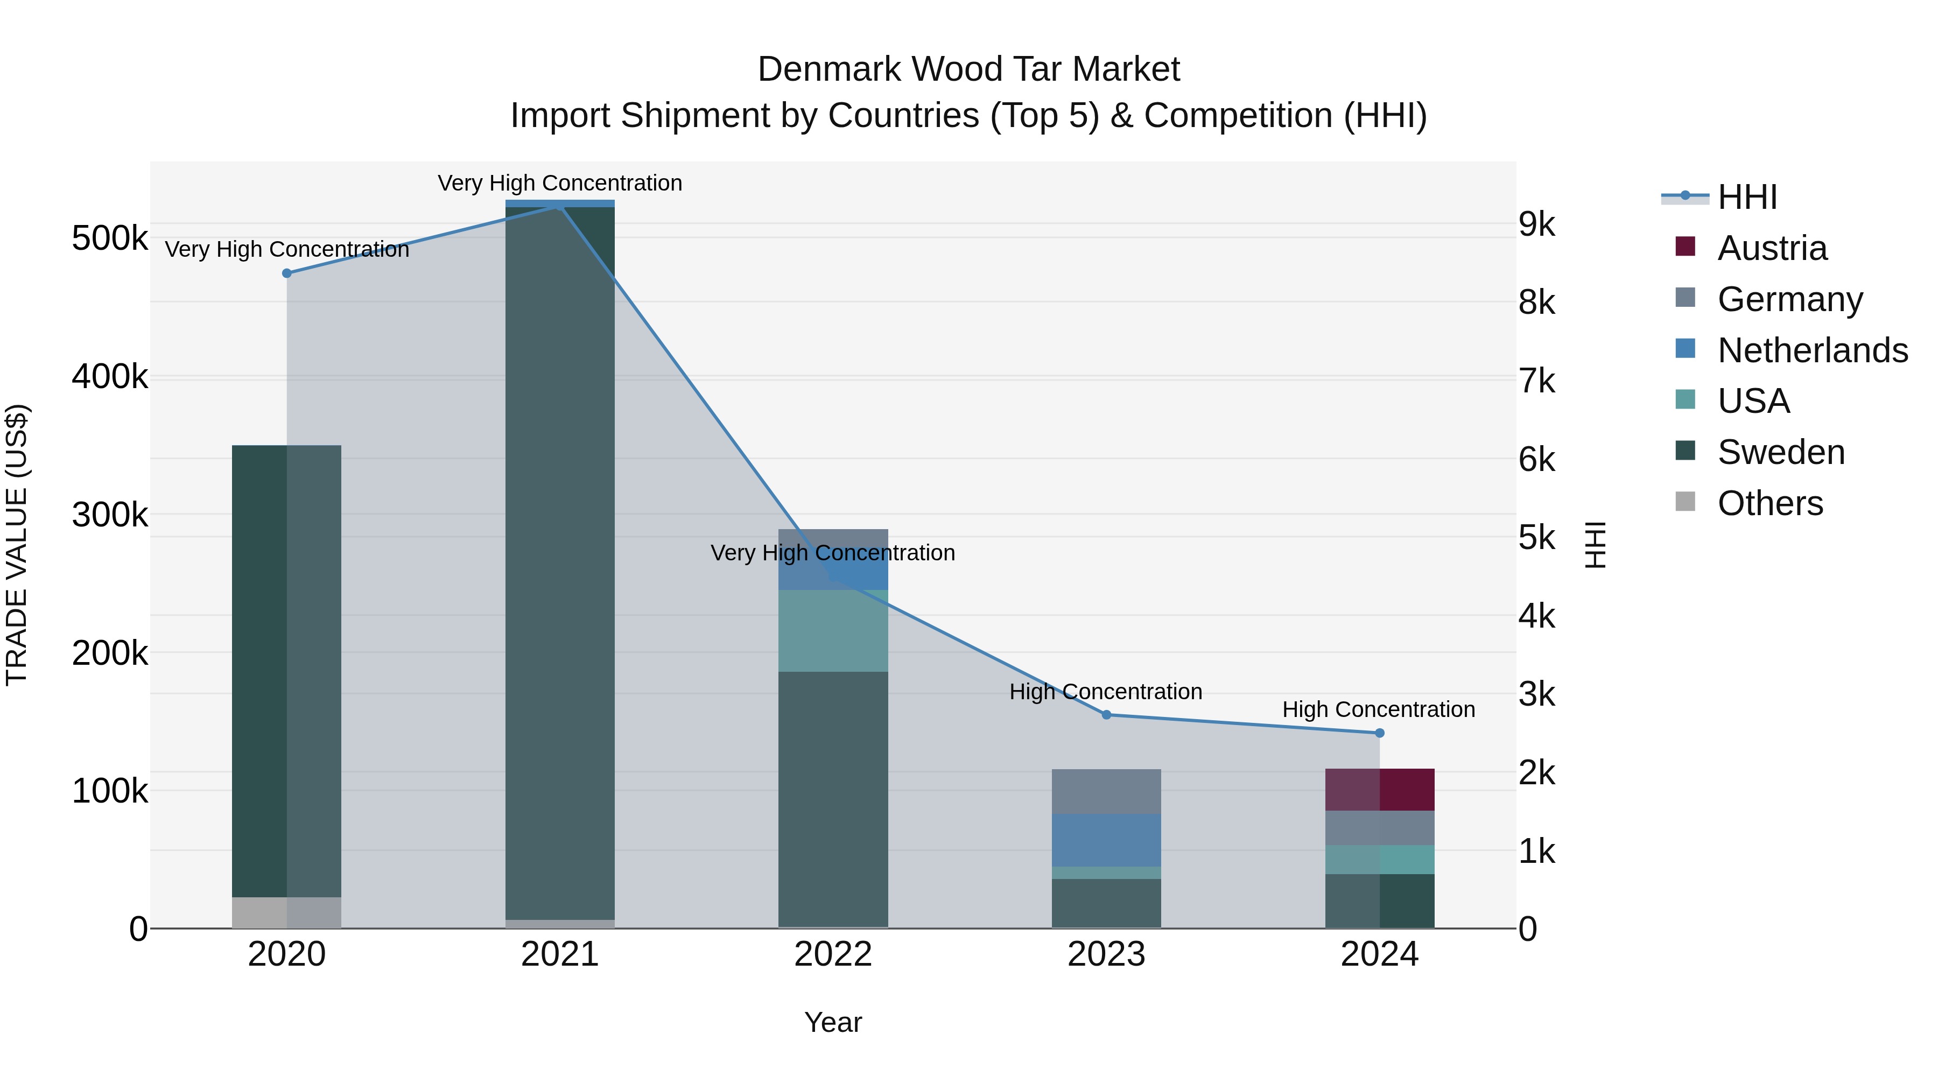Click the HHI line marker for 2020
click(286, 273)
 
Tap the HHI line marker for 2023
click(1106, 715)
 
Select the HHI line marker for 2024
click(1379, 733)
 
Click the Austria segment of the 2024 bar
click(1379, 789)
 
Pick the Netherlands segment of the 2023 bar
click(1106, 840)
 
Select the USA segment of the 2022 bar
click(833, 630)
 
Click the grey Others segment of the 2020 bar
click(286, 912)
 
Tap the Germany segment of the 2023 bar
click(1106, 791)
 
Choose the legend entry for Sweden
click(1780, 452)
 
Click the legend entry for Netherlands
click(1811, 350)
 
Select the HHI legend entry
click(1747, 197)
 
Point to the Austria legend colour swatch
click(1685, 247)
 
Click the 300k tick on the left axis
click(110, 515)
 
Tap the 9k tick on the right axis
click(1536, 224)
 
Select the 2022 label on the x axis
click(833, 954)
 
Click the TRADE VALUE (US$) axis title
click(17, 545)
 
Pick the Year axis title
click(833, 1022)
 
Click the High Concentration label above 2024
click(1378, 709)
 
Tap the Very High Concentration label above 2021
click(560, 183)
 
